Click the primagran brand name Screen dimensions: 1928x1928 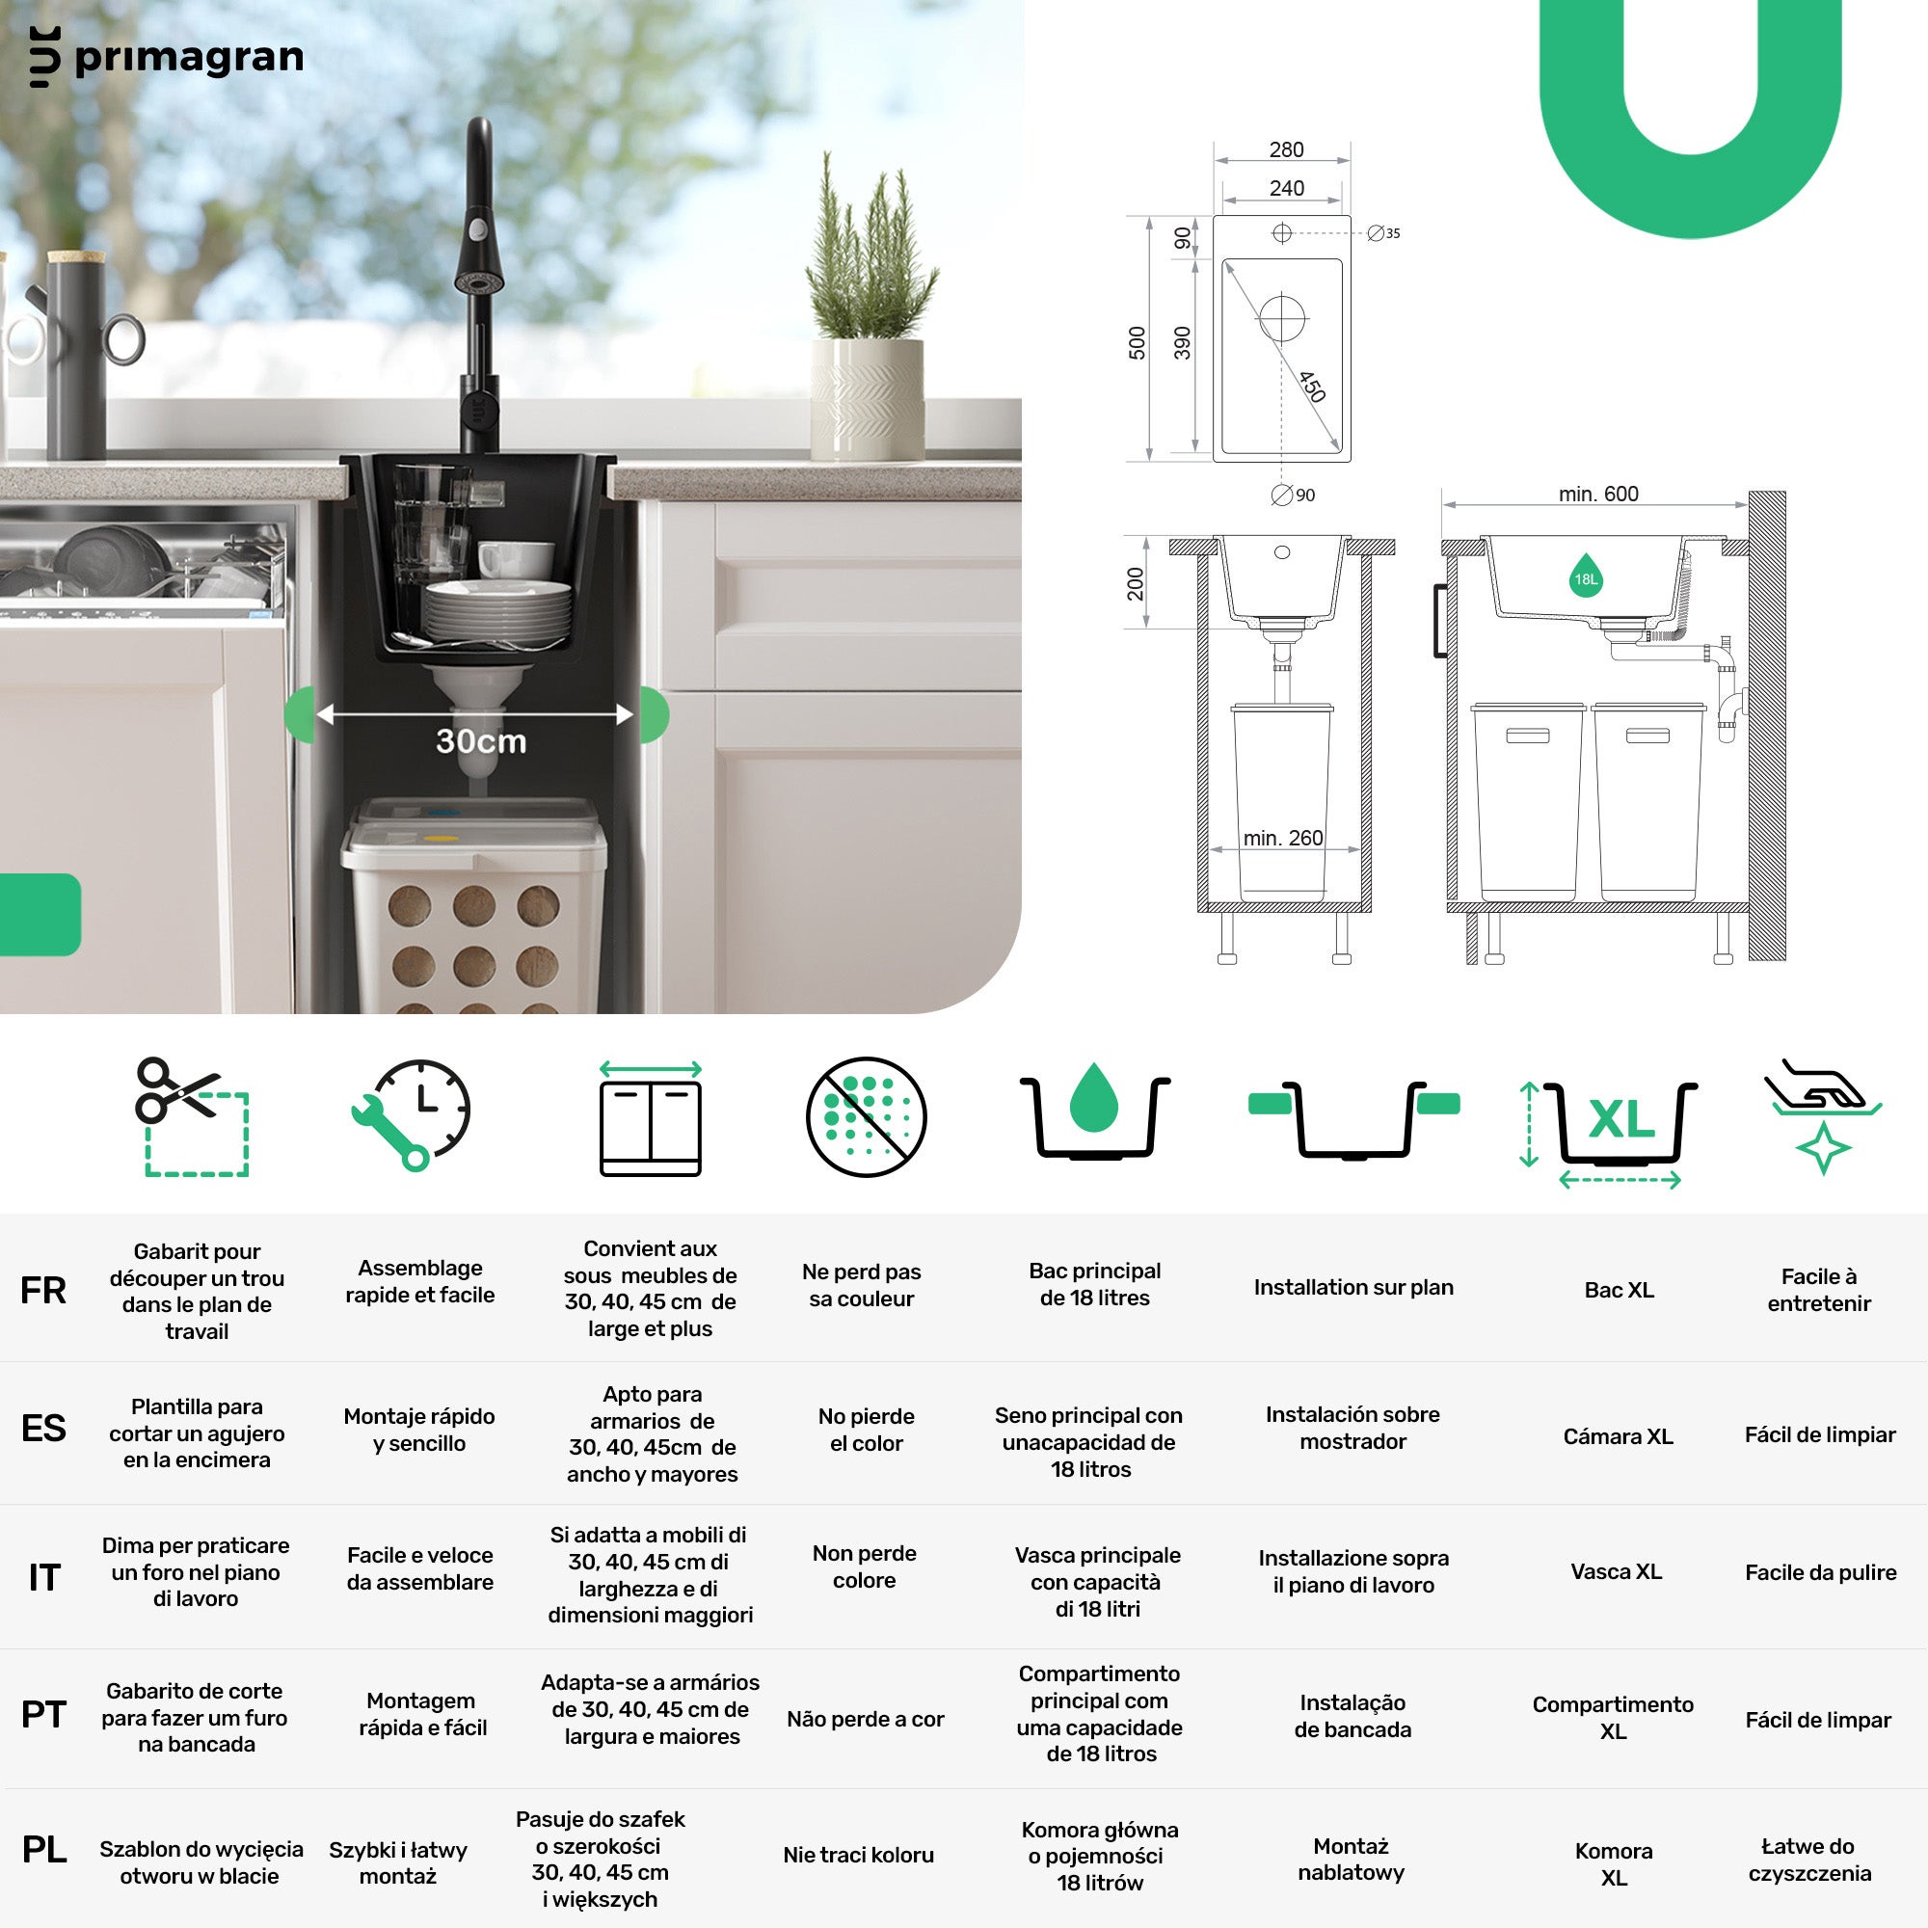coord(189,59)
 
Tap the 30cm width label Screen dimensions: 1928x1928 coord(480,741)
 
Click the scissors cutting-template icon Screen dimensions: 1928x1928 coord(192,1116)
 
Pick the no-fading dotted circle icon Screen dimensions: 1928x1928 coord(867,1116)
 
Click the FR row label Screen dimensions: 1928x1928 coord(43,1291)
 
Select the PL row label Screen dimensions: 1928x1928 coord(44,1849)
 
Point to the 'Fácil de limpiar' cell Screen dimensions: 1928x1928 coord(1819,1434)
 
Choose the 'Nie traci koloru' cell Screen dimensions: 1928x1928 coord(858,1854)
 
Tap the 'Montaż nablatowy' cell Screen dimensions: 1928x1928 coord(1352,1859)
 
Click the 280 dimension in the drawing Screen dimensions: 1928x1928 coord(1286,149)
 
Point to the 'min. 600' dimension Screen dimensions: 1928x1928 coord(1597,493)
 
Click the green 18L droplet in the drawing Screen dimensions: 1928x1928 coord(1586,575)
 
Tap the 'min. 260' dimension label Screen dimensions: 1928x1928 coord(1282,838)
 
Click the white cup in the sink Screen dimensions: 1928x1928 coord(516,559)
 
